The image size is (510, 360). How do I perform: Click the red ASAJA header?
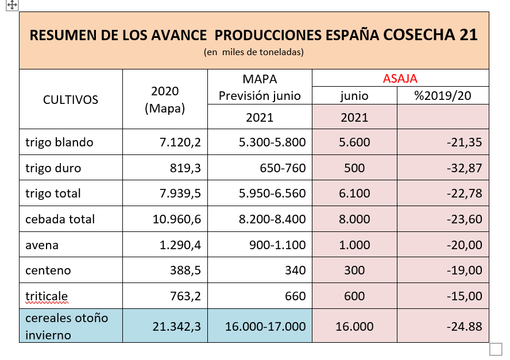pyautogui.click(x=400, y=79)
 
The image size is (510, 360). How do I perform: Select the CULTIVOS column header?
pyautogui.click(x=71, y=99)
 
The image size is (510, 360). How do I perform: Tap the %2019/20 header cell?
pyautogui.click(x=443, y=95)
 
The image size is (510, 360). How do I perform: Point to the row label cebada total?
pyautogui.click(x=60, y=219)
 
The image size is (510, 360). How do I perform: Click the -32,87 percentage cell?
pyautogui.click(x=464, y=168)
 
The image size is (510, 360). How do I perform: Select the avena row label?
pyautogui.click(x=42, y=245)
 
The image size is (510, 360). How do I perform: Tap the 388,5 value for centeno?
pyautogui.click(x=184, y=270)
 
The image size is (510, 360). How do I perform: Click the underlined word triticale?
pyautogui.click(x=47, y=296)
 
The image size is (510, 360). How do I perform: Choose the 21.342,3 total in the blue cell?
pyautogui.click(x=176, y=326)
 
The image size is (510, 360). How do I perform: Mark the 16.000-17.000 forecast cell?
pyautogui.click(x=265, y=326)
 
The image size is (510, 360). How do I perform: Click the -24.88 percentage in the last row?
pyautogui.click(x=464, y=326)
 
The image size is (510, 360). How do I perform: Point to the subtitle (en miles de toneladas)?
pyautogui.click(x=253, y=52)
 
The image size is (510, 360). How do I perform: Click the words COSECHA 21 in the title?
pyautogui.click(x=430, y=34)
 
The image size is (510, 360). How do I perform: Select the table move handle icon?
pyautogui.click(x=12, y=5)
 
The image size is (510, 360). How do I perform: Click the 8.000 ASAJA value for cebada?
pyautogui.click(x=354, y=219)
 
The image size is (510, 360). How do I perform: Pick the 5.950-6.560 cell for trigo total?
pyautogui.click(x=272, y=193)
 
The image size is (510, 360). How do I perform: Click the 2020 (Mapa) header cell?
pyautogui.click(x=165, y=99)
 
